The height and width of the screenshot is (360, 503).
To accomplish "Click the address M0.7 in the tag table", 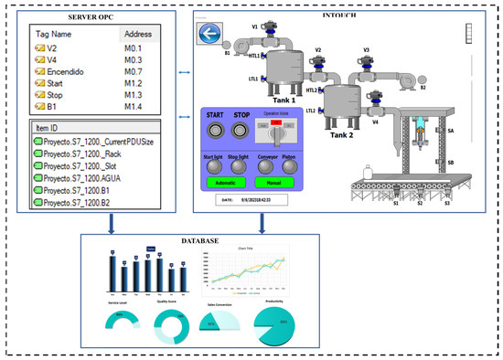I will coord(136,69).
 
